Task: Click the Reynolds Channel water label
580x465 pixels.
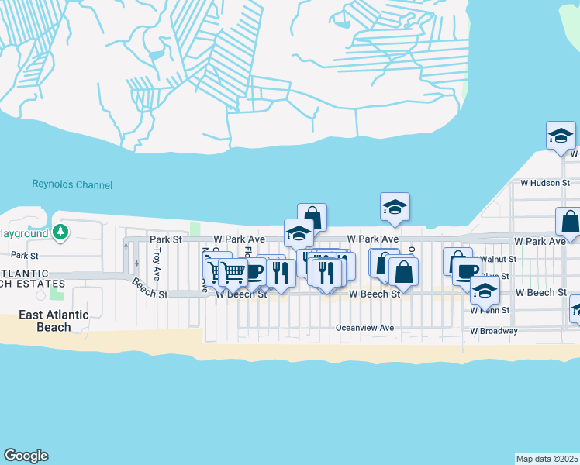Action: click(x=72, y=184)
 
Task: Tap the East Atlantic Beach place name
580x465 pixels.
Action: click(x=54, y=321)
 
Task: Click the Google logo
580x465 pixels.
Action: click(x=26, y=456)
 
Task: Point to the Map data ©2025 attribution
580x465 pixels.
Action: click(x=547, y=459)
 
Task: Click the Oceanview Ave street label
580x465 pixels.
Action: click(x=364, y=328)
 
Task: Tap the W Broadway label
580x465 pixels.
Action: click(x=493, y=331)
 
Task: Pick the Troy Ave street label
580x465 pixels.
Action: click(x=157, y=263)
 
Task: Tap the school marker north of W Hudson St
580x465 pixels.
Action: click(x=561, y=136)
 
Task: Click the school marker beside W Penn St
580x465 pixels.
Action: click(x=485, y=291)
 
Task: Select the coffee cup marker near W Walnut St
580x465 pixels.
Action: click(x=467, y=271)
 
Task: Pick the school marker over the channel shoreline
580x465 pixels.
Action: click(x=395, y=207)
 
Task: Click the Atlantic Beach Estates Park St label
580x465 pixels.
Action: click(x=24, y=255)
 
